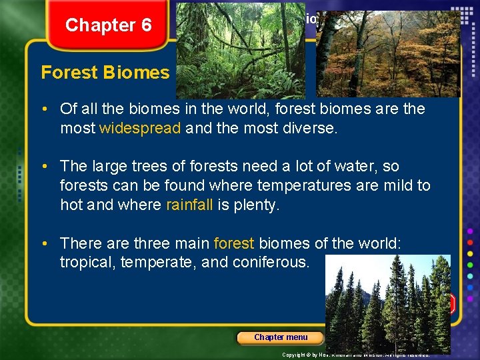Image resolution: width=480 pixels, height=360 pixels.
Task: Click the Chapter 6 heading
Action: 109,25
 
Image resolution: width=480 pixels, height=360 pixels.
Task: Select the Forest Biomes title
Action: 105,73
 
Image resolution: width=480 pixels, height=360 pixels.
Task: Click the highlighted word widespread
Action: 140,128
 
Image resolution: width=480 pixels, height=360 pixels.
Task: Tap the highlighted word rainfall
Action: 189,205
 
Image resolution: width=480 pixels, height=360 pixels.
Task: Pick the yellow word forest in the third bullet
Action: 234,244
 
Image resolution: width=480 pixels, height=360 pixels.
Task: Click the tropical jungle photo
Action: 241,51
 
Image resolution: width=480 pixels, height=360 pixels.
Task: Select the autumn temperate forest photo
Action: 387,54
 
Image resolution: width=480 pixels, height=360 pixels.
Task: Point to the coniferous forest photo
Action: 387,304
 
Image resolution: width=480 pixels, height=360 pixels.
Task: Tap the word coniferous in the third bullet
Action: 271,263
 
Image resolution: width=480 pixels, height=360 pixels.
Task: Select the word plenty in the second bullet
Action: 255,205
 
